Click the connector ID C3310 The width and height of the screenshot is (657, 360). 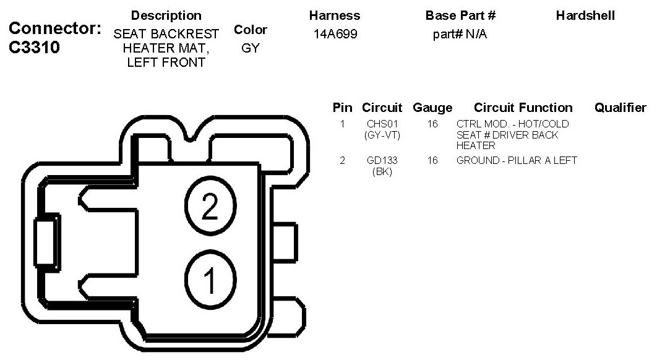point(35,48)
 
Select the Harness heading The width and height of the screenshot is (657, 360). point(333,15)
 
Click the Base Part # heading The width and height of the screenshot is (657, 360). point(460,15)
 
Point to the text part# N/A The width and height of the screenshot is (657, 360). point(460,34)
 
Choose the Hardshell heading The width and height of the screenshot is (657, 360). point(585,15)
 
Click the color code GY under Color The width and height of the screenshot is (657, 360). point(251,48)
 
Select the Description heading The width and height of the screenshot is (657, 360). point(166,15)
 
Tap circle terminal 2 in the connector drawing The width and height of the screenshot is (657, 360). point(210,208)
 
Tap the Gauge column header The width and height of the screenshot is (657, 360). point(432,108)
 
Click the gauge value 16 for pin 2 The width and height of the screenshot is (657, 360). point(432,161)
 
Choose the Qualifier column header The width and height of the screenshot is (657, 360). point(620,108)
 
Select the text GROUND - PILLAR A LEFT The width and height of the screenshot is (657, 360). point(517,161)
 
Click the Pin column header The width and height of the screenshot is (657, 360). point(342,108)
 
